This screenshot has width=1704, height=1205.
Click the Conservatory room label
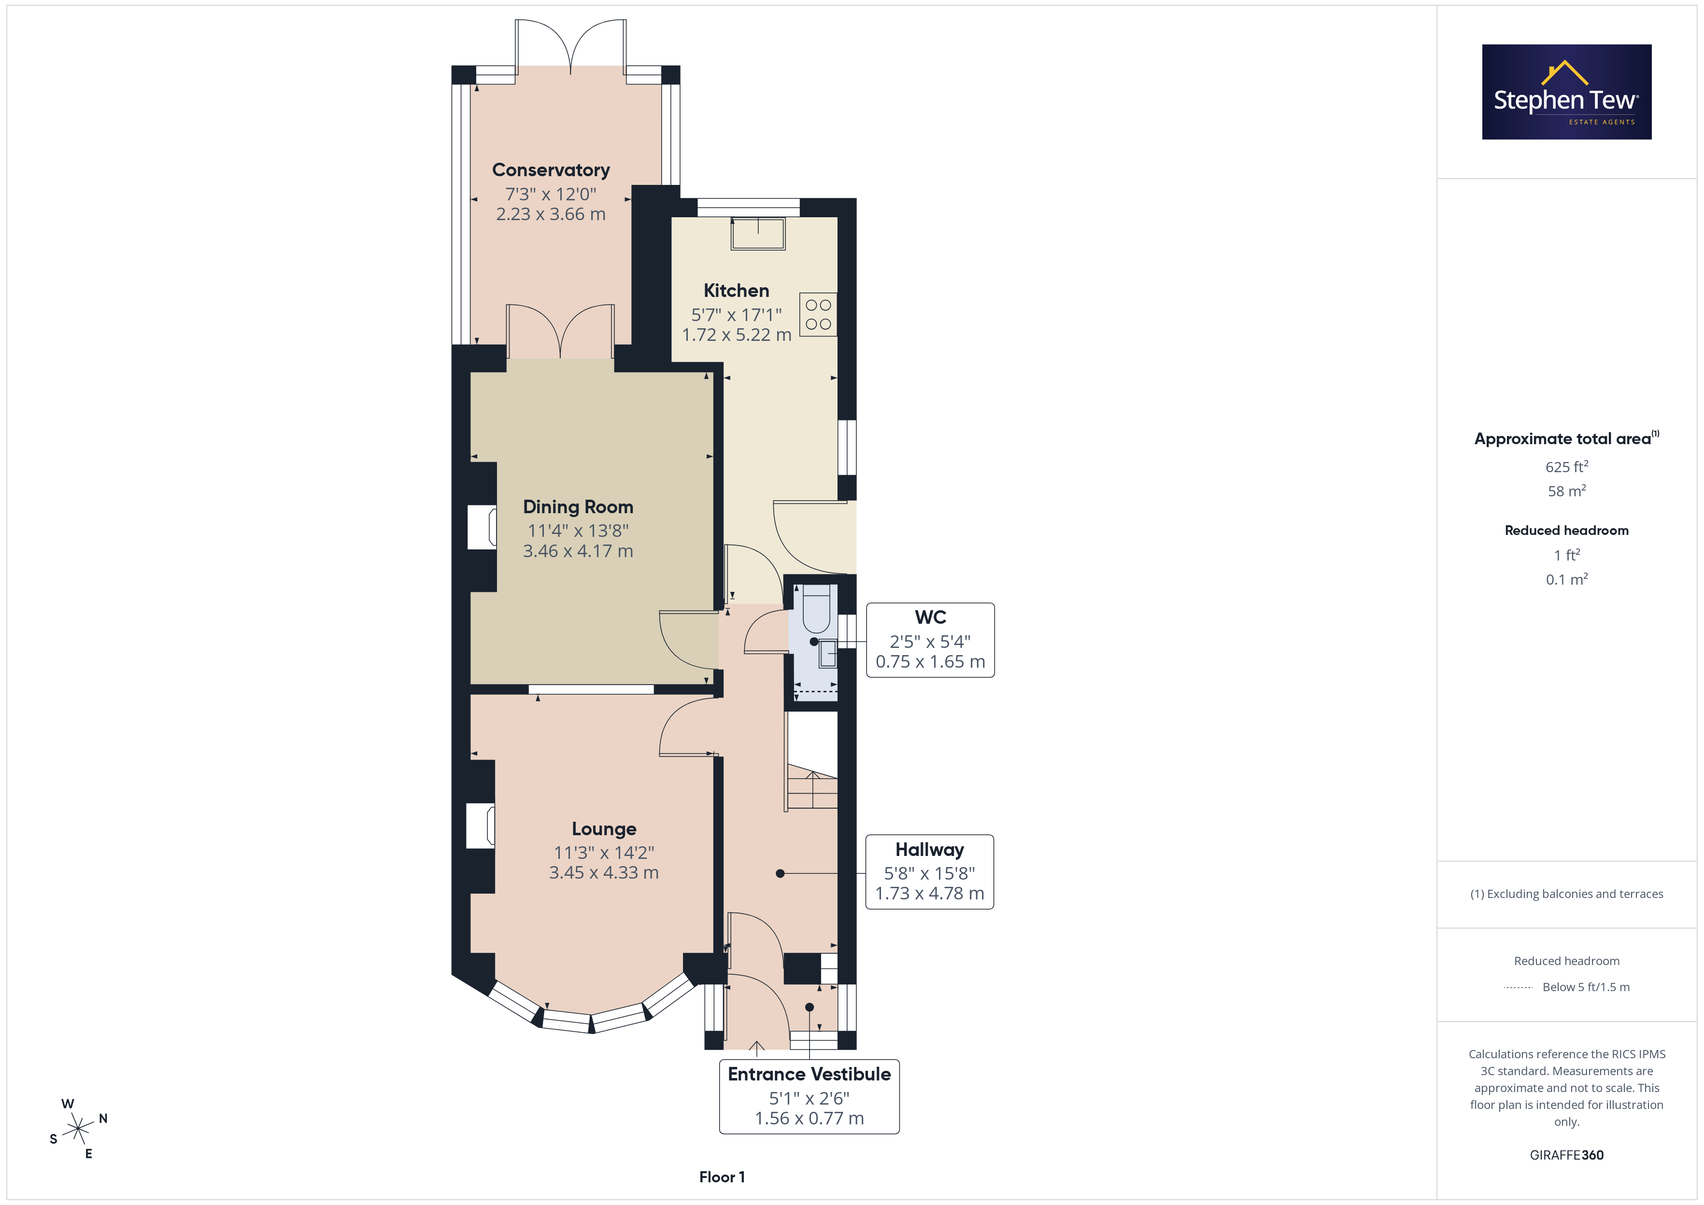point(551,170)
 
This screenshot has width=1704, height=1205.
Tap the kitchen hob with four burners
point(818,315)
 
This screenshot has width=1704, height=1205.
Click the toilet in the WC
point(816,608)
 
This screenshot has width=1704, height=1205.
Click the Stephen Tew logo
point(1567,92)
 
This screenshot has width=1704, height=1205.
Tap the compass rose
point(78,1129)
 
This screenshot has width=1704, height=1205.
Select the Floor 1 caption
point(722,1177)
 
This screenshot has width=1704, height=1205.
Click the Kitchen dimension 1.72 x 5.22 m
point(736,335)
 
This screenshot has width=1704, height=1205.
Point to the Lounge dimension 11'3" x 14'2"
point(604,853)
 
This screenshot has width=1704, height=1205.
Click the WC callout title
point(931,617)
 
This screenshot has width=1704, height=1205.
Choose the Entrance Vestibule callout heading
point(809,1074)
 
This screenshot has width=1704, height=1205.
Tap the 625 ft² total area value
point(1567,467)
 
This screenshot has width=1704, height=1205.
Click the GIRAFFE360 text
point(1567,1155)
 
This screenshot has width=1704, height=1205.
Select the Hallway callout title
point(930,850)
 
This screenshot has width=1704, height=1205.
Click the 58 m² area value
point(1567,491)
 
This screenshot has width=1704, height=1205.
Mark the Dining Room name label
point(578,507)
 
